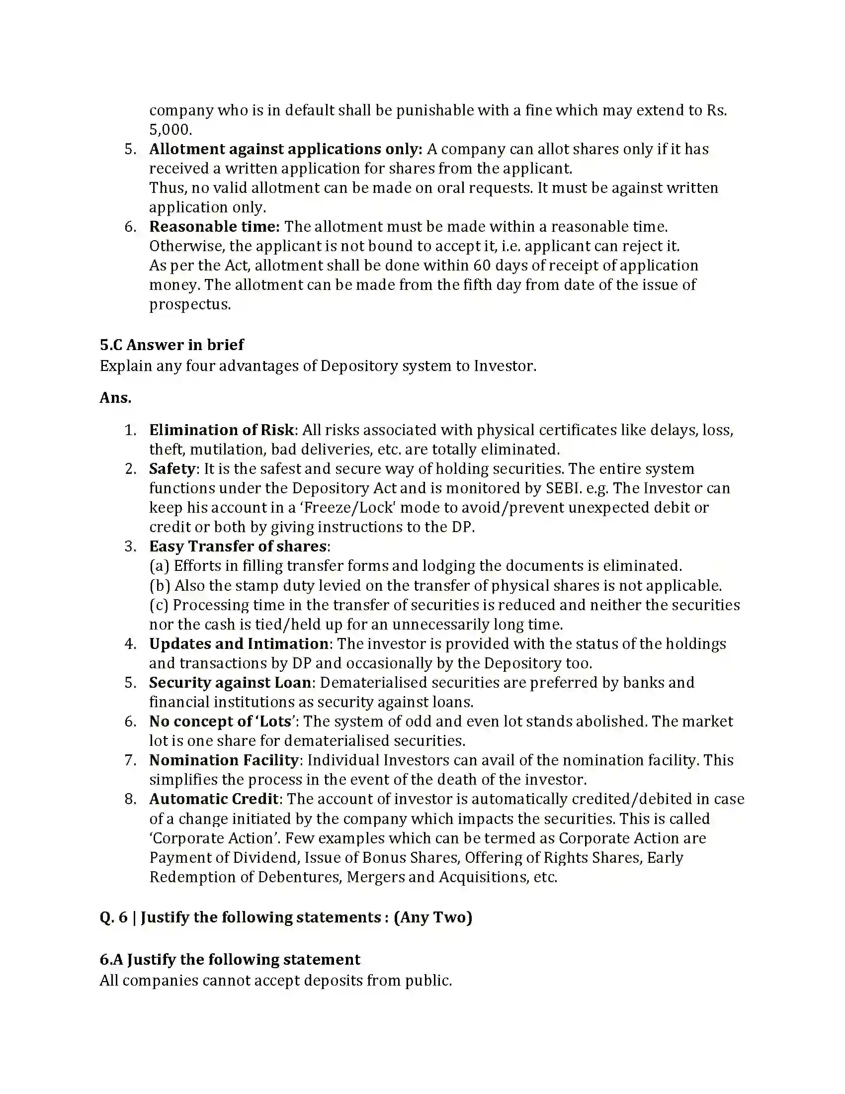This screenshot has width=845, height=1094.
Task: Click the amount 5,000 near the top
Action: [x=170, y=130]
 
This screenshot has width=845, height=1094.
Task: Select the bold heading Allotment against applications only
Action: [x=285, y=149]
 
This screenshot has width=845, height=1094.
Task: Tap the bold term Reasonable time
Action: [x=214, y=227]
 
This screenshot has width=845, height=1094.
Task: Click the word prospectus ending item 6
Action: [x=190, y=304]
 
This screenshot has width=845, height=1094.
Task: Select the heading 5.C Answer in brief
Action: [x=171, y=345]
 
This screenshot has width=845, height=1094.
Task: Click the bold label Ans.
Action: [x=115, y=398]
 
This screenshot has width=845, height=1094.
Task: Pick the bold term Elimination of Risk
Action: [x=222, y=430]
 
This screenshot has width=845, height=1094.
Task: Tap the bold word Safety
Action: [x=171, y=469]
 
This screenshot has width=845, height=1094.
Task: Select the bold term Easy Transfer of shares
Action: [x=238, y=547]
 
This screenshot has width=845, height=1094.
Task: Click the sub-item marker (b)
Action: [x=160, y=586]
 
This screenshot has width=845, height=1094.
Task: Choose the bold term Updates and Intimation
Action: [x=239, y=644]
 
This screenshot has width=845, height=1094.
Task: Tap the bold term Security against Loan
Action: [x=230, y=683]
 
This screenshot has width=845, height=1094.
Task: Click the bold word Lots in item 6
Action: [x=275, y=722]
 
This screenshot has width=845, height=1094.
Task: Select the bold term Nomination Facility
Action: [x=224, y=760]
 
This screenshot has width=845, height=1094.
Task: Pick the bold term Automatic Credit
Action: [x=214, y=799]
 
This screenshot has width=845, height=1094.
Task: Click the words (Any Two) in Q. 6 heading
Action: [x=433, y=917]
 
